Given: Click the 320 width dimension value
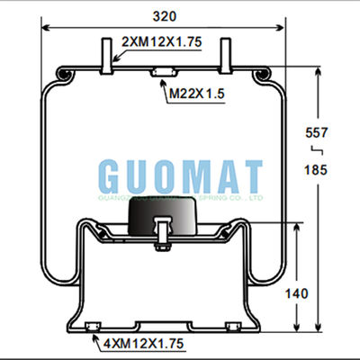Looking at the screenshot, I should [164, 16].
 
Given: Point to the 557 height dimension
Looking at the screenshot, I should [317, 132].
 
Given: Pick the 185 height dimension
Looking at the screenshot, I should [317, 169].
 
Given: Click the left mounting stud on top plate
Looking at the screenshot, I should [107, 55].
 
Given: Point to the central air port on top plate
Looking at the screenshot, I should [164, 73].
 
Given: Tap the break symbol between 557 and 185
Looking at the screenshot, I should [316, 150].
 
